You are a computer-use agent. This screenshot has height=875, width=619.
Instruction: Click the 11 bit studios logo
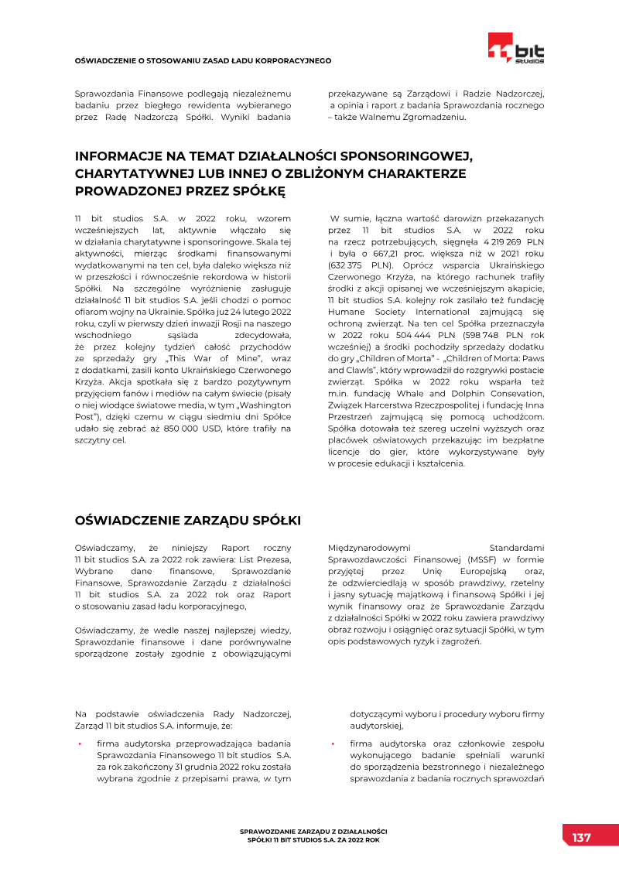[516, 49]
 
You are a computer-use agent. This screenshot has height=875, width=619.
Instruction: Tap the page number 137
[581, 838]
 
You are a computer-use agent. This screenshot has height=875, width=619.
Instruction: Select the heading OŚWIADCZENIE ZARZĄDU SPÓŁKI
[187, 519]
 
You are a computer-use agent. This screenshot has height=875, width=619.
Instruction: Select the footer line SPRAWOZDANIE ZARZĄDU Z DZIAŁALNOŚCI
[313, 831]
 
